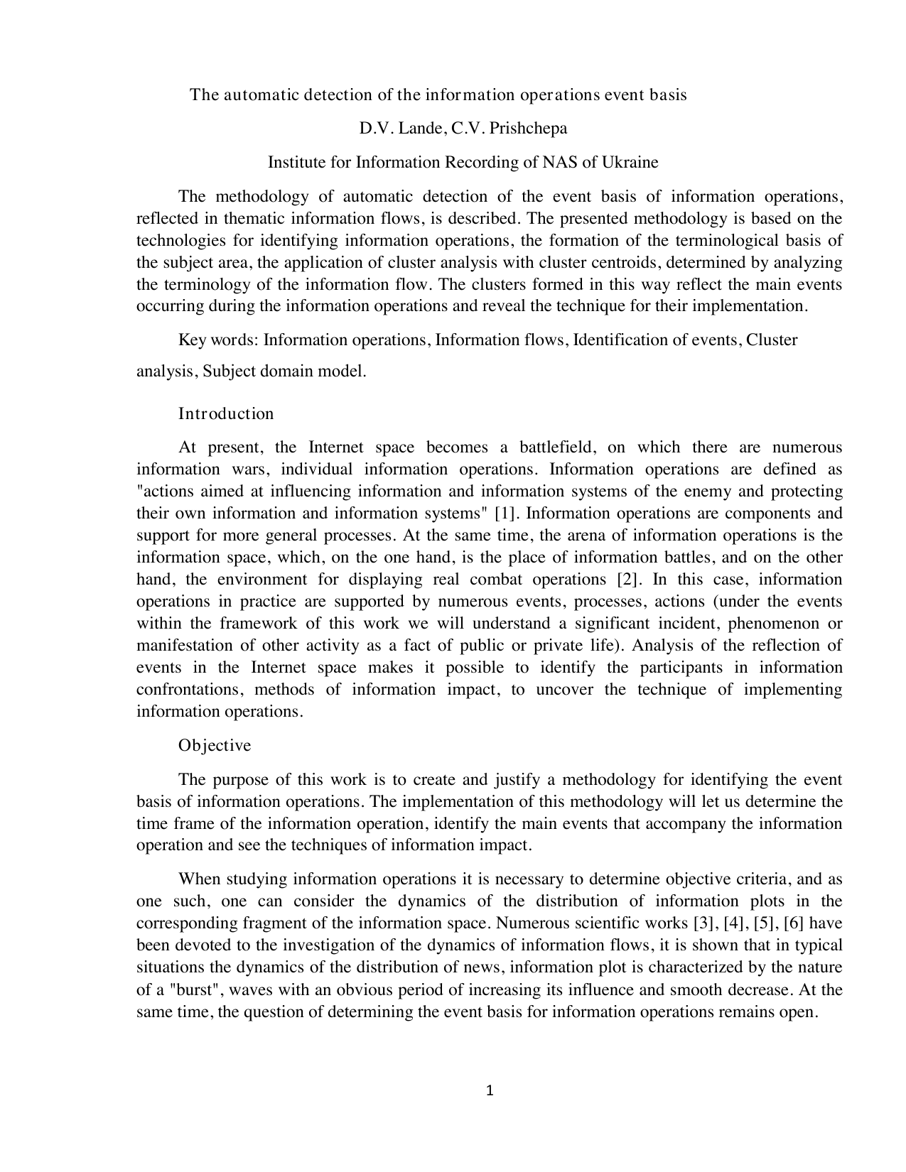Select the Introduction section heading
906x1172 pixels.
pos(226,413)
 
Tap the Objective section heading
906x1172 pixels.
pos(215,745)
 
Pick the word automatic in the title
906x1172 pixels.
pos(261,94)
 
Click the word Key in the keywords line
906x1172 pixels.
pos(192,340)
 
